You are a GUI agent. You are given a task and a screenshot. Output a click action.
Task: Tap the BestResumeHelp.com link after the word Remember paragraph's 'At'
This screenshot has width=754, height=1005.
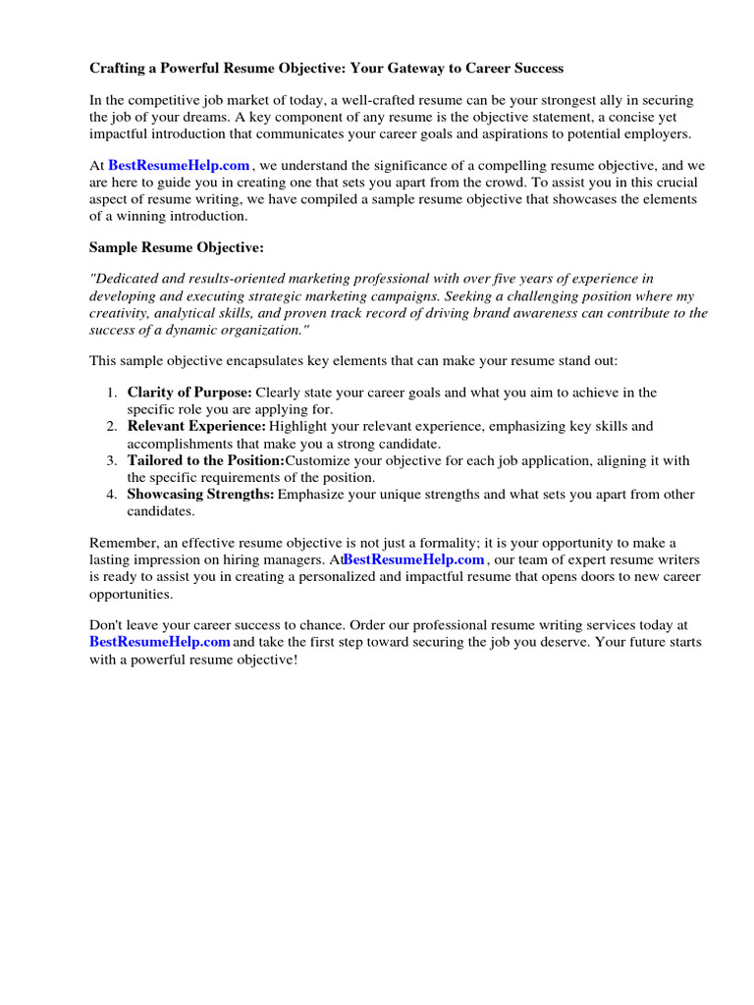tap(414, 559)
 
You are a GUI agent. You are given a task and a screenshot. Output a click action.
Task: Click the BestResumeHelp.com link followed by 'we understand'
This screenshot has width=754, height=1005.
tap(180, 166)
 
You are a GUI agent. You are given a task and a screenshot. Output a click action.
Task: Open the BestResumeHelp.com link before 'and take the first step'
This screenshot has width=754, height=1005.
tap(160, 642)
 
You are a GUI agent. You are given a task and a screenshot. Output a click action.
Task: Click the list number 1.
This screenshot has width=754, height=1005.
tap(112, 393)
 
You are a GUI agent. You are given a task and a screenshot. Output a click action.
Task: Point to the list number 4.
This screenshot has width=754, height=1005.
tap(112, 494)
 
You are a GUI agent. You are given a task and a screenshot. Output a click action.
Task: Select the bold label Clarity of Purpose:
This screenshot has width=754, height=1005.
tap(189, 393)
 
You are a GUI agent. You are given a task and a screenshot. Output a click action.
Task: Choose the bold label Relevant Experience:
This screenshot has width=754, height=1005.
tap(196, 426)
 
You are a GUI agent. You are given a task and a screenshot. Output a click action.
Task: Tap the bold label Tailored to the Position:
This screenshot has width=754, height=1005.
tap(205, 460)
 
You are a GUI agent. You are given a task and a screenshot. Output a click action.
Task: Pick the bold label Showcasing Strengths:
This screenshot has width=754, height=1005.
tap(200, 494)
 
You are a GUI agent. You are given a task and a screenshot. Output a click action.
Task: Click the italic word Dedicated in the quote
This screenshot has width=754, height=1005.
tap(128, 279)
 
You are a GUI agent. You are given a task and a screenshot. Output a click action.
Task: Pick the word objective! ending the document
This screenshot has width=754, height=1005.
tap(260, 660)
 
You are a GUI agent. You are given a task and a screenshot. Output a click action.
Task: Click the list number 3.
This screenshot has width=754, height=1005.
tap(112, 460)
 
